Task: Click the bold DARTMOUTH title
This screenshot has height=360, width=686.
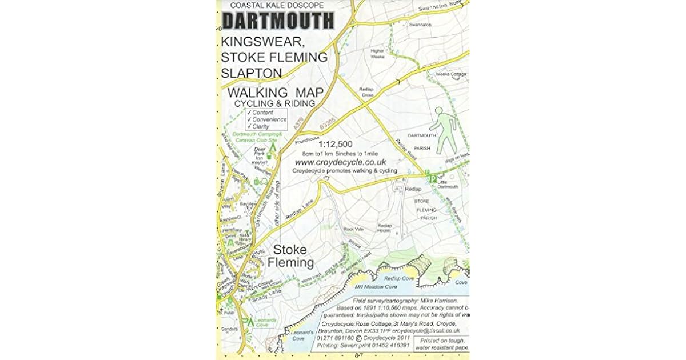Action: [x=278, y=21]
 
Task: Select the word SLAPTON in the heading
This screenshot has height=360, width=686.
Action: [x=252, y=73]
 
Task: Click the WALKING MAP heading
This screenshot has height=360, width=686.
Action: [x=274, y=93]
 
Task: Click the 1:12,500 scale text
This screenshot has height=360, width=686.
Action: [x=336, y=144]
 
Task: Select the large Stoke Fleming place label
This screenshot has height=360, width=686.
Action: [x=290, y=257]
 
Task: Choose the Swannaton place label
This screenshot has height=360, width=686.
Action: [x=420, y=25]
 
